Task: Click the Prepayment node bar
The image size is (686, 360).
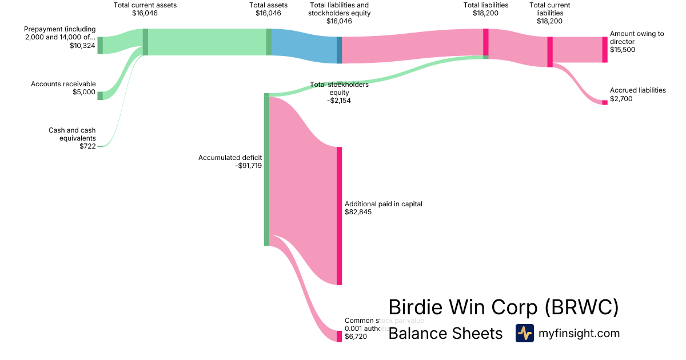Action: (100, 45)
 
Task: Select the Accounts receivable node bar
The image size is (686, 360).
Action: (100, 95)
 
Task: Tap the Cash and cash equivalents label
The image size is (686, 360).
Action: (72, 134)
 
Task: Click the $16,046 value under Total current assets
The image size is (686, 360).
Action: (145, 13)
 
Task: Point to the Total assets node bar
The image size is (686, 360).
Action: (269, 42)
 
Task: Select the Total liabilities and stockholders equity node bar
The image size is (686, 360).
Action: (339, 50)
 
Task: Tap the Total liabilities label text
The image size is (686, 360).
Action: (485, 5)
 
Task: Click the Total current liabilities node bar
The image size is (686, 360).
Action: (550, 52)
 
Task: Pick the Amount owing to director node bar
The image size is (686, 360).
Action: (605, 50)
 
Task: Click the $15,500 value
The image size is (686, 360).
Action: (623, 50)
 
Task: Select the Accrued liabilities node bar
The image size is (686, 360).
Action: (605, 102)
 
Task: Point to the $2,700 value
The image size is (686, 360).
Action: (621, 99)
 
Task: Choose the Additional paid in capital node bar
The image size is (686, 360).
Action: (339, 215)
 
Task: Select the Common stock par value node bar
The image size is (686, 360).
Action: (339, 336)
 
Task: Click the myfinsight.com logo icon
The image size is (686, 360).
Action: (524, 333)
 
